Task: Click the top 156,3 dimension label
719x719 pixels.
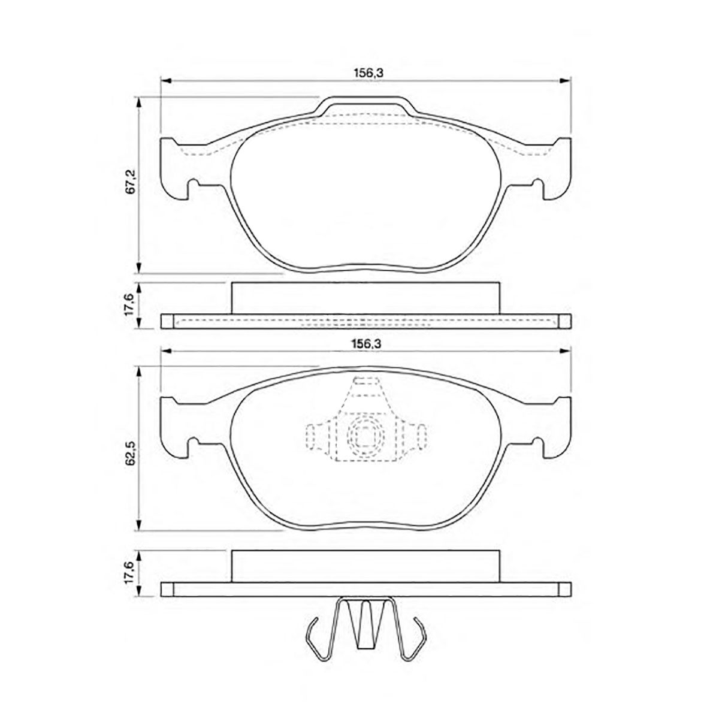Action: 368,74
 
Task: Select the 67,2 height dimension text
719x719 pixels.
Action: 130,182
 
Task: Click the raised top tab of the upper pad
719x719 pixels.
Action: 365,105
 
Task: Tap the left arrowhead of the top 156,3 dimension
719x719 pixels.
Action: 165,81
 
